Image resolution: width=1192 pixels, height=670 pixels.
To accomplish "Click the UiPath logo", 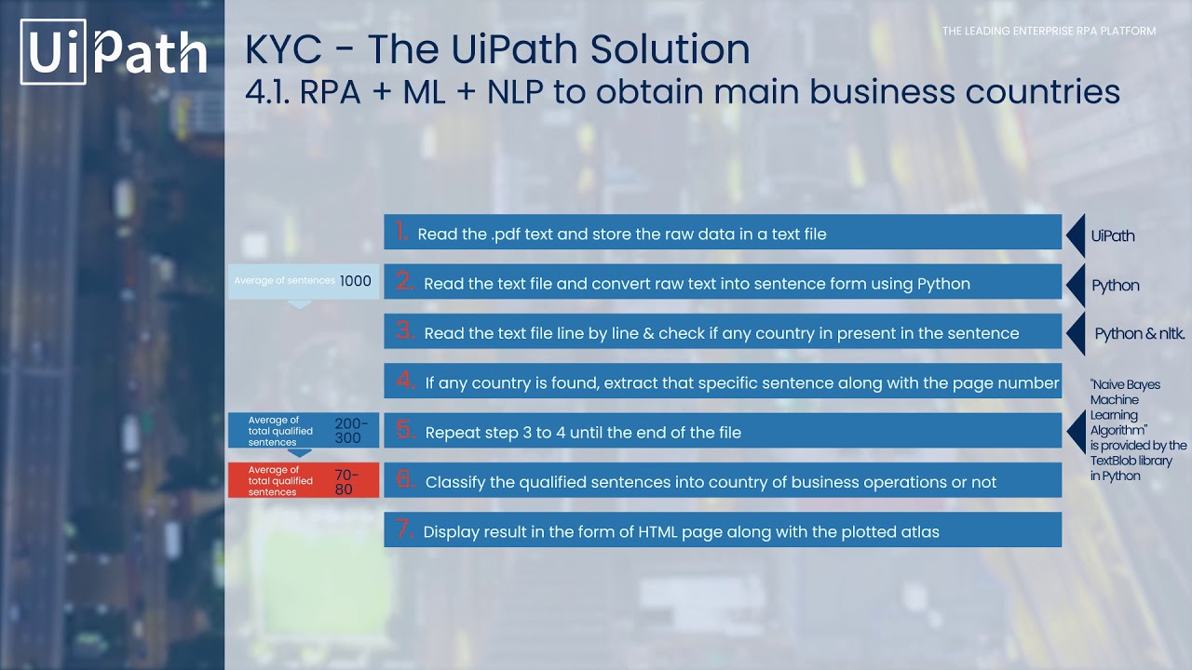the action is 114,51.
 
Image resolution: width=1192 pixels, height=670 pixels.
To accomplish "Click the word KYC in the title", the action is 283,49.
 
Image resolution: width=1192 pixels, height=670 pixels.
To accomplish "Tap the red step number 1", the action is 401,232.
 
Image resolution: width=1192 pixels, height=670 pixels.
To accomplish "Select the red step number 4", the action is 405,381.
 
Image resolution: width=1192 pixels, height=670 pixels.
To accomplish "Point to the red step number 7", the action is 404,529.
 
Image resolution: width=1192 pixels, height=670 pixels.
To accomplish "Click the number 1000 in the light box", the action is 356,281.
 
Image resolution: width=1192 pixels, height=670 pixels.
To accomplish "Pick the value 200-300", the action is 351,431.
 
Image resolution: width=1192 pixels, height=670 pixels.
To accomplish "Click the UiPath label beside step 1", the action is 1113,235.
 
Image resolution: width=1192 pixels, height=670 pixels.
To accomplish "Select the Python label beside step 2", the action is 1116,286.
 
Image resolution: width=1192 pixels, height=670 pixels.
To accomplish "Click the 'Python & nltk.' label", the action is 1139,333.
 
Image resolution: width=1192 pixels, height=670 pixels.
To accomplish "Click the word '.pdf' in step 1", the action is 506,234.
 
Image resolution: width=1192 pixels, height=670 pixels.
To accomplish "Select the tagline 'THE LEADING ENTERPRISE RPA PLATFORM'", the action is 1049,31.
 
